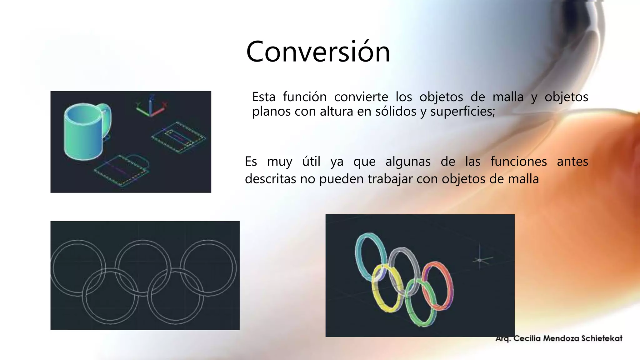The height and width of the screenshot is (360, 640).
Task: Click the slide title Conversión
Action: [x=318, y=52]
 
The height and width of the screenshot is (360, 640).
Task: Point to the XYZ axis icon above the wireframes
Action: [x=151, y=107]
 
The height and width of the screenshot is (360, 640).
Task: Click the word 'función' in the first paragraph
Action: [x=305, y=97]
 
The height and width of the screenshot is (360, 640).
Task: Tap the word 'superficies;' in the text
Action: [x=462, y=112]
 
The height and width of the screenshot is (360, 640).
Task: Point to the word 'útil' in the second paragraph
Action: [x=311, y=162]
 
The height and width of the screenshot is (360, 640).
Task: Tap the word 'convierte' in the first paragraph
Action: [x=361, y=97]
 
